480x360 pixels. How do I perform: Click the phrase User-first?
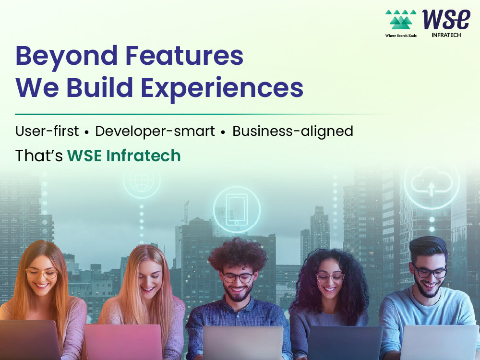47,131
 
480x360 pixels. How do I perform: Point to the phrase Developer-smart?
155,131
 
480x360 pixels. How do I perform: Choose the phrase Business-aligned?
293,131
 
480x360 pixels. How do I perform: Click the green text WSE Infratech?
124,156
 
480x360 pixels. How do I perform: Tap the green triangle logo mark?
401,20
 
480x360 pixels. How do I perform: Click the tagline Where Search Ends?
401,36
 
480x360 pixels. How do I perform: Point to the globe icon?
142,181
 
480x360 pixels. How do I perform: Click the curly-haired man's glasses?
238,277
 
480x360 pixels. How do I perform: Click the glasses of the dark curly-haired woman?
330,277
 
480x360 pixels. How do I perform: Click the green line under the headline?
202,114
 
